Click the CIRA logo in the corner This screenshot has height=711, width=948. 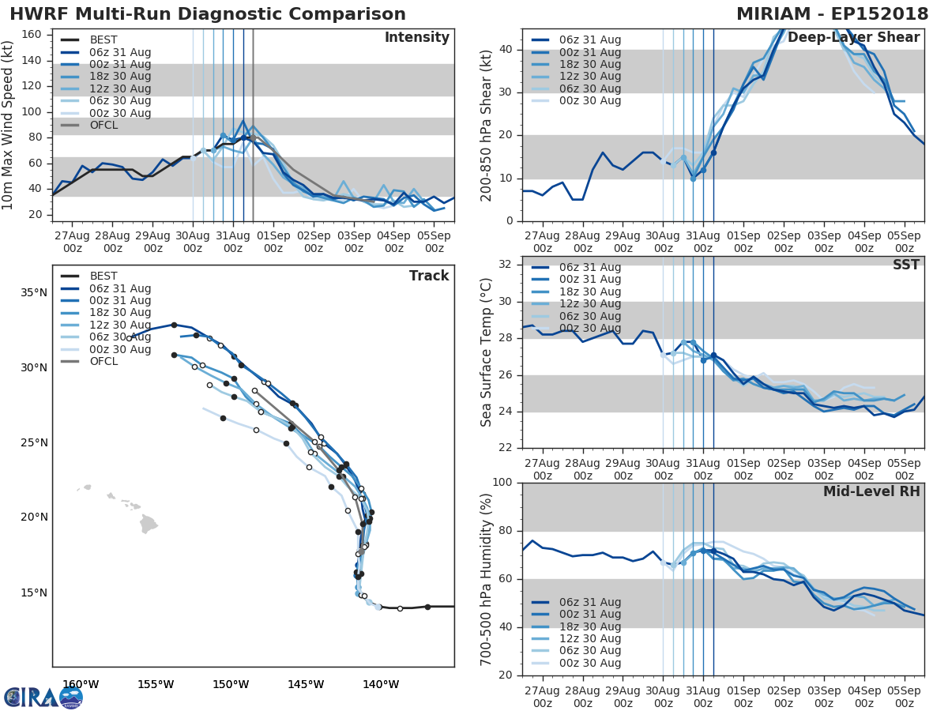click(43, 697)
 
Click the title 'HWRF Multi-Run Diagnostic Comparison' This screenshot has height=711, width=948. click(208, 14)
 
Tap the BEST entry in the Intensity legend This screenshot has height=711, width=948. click(103, 39)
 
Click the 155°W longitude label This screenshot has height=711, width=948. click(156, 684)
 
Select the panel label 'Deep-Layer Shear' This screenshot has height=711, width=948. click(853, 38)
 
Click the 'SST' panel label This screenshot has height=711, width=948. click(906, 265)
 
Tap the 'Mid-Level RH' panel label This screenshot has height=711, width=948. click(871, 491)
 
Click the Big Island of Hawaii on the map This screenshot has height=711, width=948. click(149, 524)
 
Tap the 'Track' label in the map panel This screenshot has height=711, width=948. click(429, 276)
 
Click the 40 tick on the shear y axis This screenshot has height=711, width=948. click(506, 50)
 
